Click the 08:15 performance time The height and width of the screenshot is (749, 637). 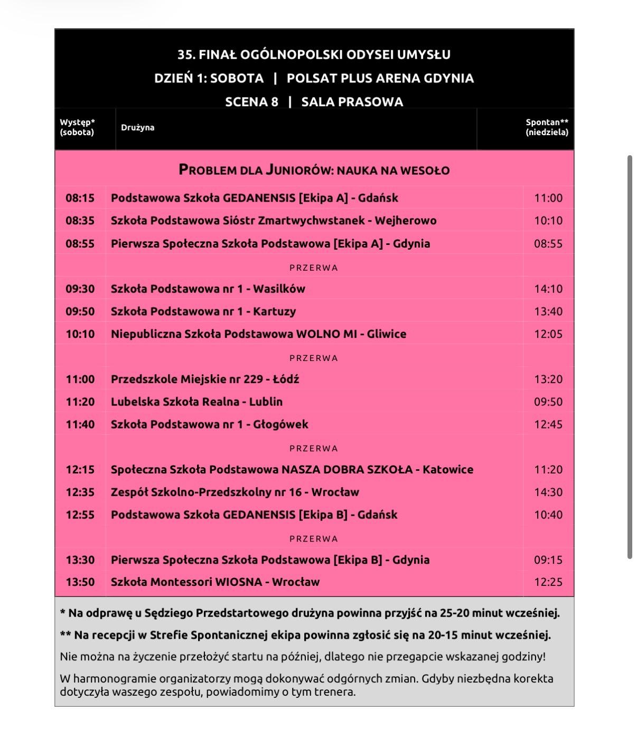tap(80, 198)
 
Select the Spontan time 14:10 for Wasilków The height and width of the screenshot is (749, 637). tap(548, 289)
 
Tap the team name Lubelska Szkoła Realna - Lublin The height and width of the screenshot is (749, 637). tap(196, 402)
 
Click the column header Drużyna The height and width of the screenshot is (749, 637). tap(137, 127)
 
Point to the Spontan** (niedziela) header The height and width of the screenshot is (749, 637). tap(547, 127)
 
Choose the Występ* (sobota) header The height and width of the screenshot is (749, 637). tap(77, 127)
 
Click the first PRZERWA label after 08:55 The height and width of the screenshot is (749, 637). tap(314, 268)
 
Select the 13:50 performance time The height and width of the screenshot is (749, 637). tap(80, 582)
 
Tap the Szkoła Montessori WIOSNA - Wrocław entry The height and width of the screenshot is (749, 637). tap(215, 582)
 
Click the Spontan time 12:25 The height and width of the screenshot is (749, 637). tap(548, 582)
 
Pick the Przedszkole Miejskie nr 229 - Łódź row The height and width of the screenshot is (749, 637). tap(205, 379)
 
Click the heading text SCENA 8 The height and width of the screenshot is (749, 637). tap(251, 102)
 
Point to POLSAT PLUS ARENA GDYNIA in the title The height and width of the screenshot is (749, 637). tap(380, 78)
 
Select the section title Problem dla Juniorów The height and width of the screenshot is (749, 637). tap(314, 170)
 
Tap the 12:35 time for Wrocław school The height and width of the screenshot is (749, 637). tap(80, 492)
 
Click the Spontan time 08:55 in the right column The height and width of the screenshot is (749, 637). tap(548, 244)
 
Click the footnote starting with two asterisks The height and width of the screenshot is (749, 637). tap(305, 635)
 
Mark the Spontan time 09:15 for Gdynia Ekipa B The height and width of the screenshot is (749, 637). tap(548, 560)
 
